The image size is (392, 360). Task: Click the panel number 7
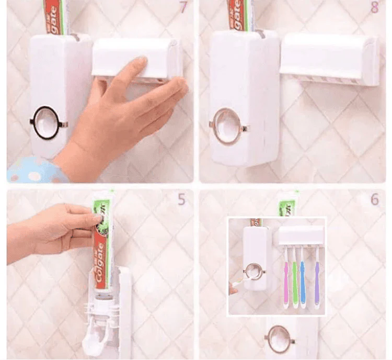[183, 8]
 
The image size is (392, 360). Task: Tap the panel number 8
[374, 8]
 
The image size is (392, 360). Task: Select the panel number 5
[181, 199]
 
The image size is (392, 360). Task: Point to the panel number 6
[374, 199]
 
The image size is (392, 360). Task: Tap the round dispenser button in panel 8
[228, 126]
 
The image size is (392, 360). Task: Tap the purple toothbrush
[317, 283]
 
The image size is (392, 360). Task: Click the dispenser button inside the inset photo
[251, 272]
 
